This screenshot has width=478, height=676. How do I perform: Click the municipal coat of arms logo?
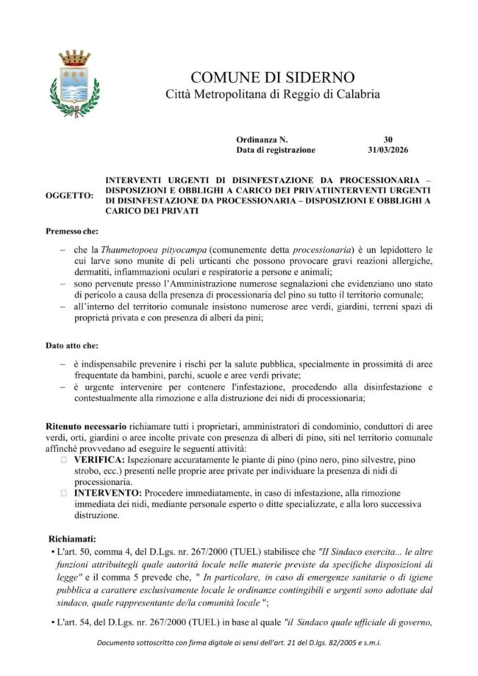point(75,84)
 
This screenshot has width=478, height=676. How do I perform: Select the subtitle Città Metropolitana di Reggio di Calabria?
point(272,95)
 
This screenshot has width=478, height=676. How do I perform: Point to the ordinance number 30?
point(388,138)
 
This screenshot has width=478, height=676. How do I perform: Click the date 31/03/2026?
point(388,149)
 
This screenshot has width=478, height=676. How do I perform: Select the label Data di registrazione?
point(276,149)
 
